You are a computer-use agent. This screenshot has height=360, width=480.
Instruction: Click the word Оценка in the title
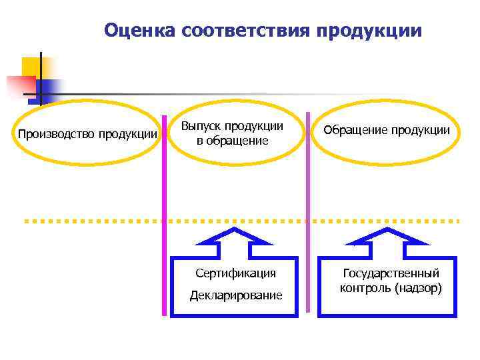(139, 31)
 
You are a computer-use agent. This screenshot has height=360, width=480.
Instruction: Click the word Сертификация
(235, 273)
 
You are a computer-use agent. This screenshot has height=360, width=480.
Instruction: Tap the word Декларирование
(235, 295)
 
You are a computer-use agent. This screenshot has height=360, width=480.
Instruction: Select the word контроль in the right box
(365, 289)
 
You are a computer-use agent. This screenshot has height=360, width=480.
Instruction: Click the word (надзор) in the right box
(417, 289)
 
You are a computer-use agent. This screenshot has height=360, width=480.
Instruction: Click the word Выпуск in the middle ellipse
(201, 127)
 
